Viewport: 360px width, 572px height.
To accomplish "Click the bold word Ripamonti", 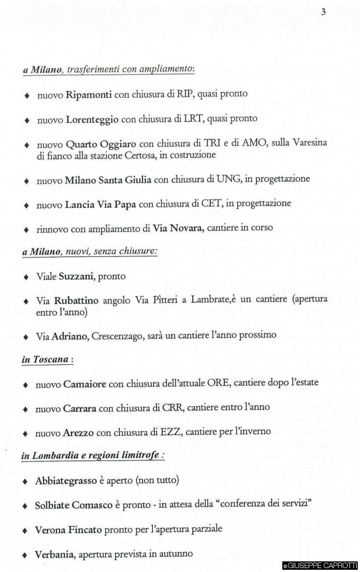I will pyautogui.click(x=89, y=94).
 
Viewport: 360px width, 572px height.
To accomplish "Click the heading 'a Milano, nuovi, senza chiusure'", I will pyautogui.click(x=89, y=252).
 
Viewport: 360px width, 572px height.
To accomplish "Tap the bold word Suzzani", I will pyautogui.click(x=77, y=277).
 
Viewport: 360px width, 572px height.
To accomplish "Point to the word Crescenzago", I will pyautogui.click(x=118, y=336).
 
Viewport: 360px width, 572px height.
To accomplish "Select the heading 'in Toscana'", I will pyautogui.click(x=47, y=360).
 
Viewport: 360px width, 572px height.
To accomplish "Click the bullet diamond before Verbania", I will pyautogui.click(x=25, y=555).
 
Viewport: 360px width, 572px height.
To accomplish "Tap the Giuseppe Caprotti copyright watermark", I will pyautogui.click(x=320, y=566).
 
